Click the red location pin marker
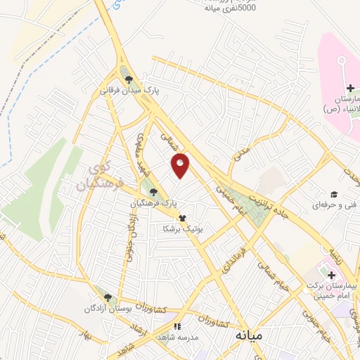coord(181,165)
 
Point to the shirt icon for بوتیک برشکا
coord(183,219)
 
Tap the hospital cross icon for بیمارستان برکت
coord(331,274)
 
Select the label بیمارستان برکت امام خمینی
coord(332,291)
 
